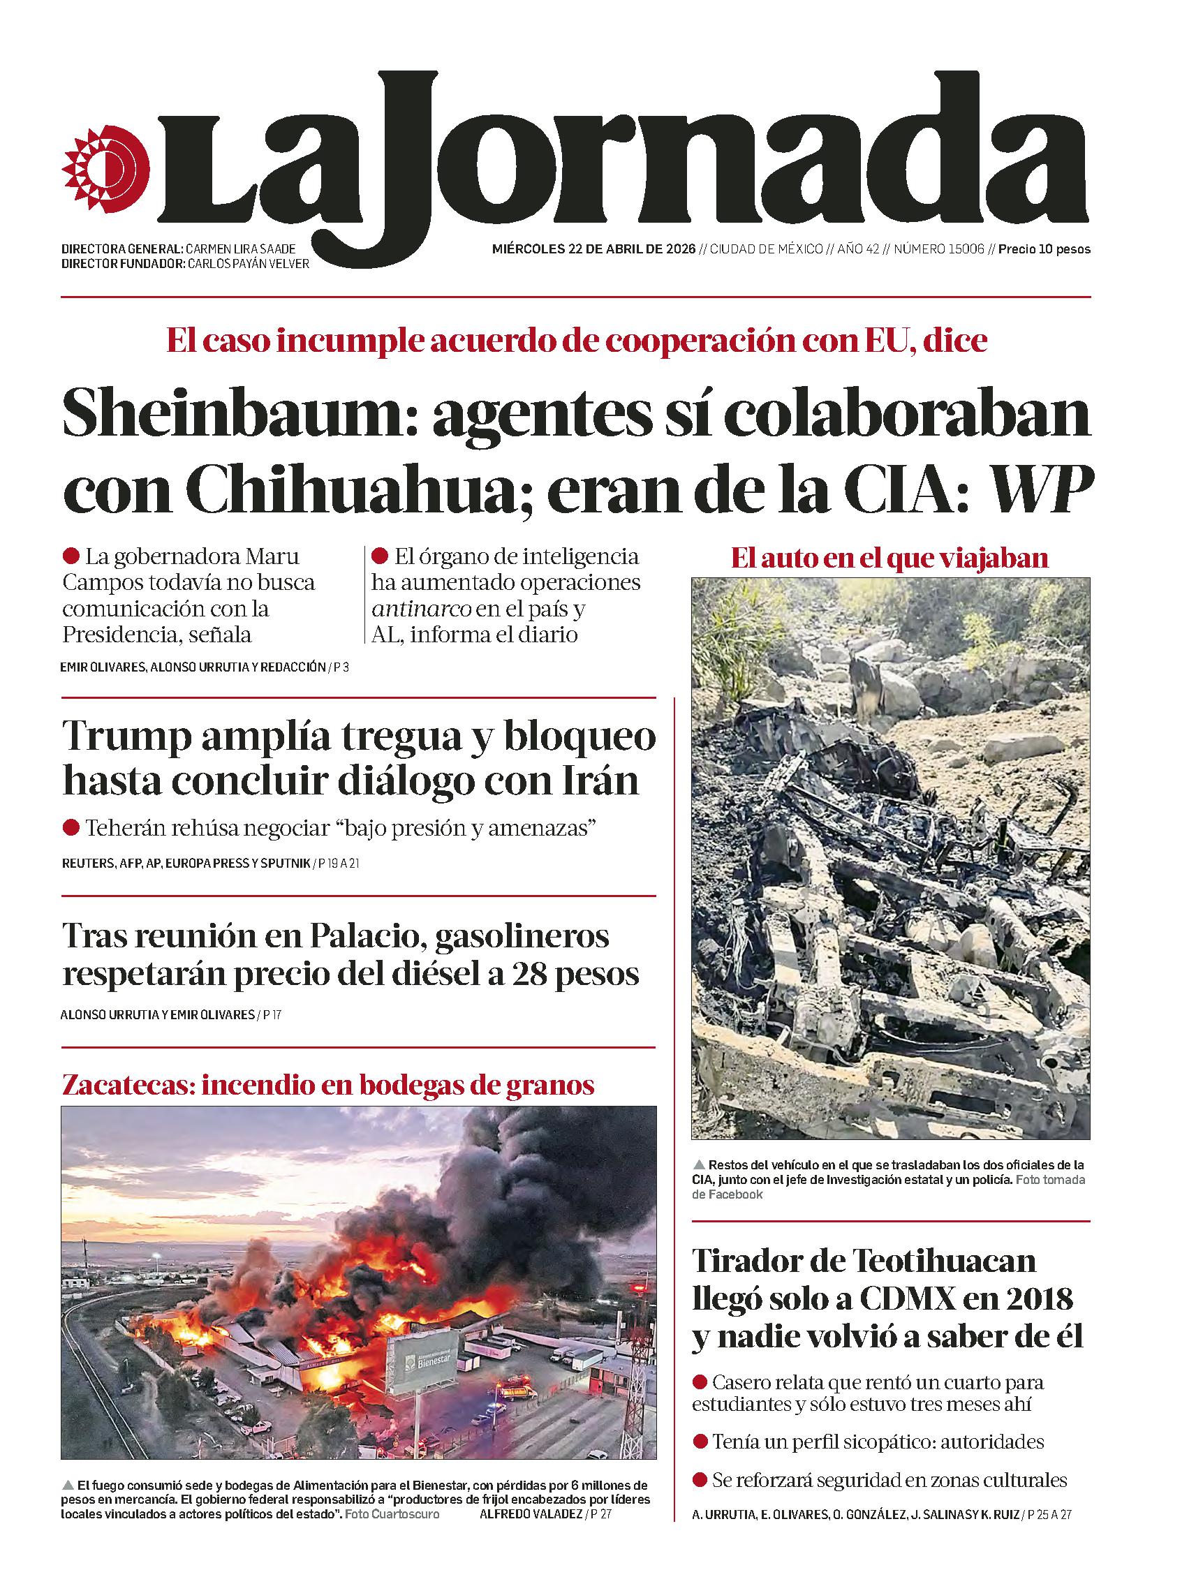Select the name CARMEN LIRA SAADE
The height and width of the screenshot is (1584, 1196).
[x=240, y=249]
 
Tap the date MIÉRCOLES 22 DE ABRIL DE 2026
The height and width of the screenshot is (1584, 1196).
[x=593, y=249]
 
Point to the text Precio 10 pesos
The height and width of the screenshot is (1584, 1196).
[x=1044, y=249]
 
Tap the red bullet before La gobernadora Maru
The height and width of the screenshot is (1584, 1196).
[x=71, y=556]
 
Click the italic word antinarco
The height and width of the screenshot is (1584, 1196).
[x=421, y=609]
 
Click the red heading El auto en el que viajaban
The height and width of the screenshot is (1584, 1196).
[x=889, y=557]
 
